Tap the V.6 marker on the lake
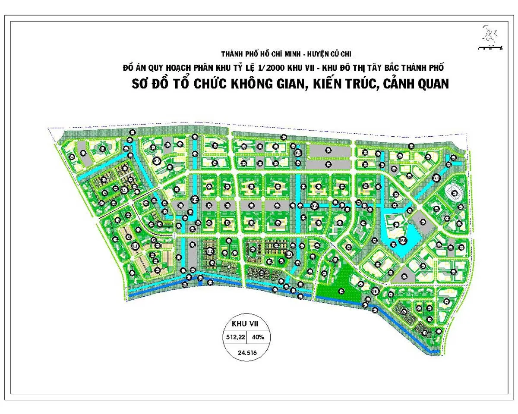[402, 240]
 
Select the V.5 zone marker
[437, 177]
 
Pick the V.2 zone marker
[195, 200]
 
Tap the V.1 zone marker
[157, 161]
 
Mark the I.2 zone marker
[135, 246]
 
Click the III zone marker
[376, 292]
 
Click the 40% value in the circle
[259, 337]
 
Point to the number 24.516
[247, 352]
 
